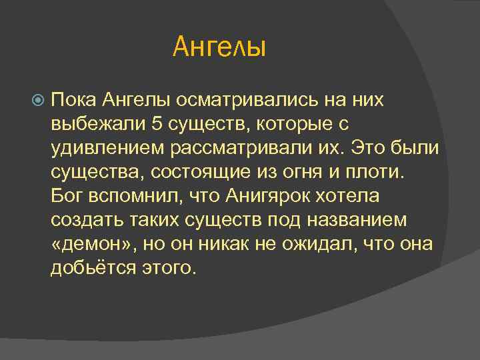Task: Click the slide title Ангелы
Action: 219,47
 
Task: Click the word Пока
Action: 74,99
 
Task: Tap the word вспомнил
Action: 129,195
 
